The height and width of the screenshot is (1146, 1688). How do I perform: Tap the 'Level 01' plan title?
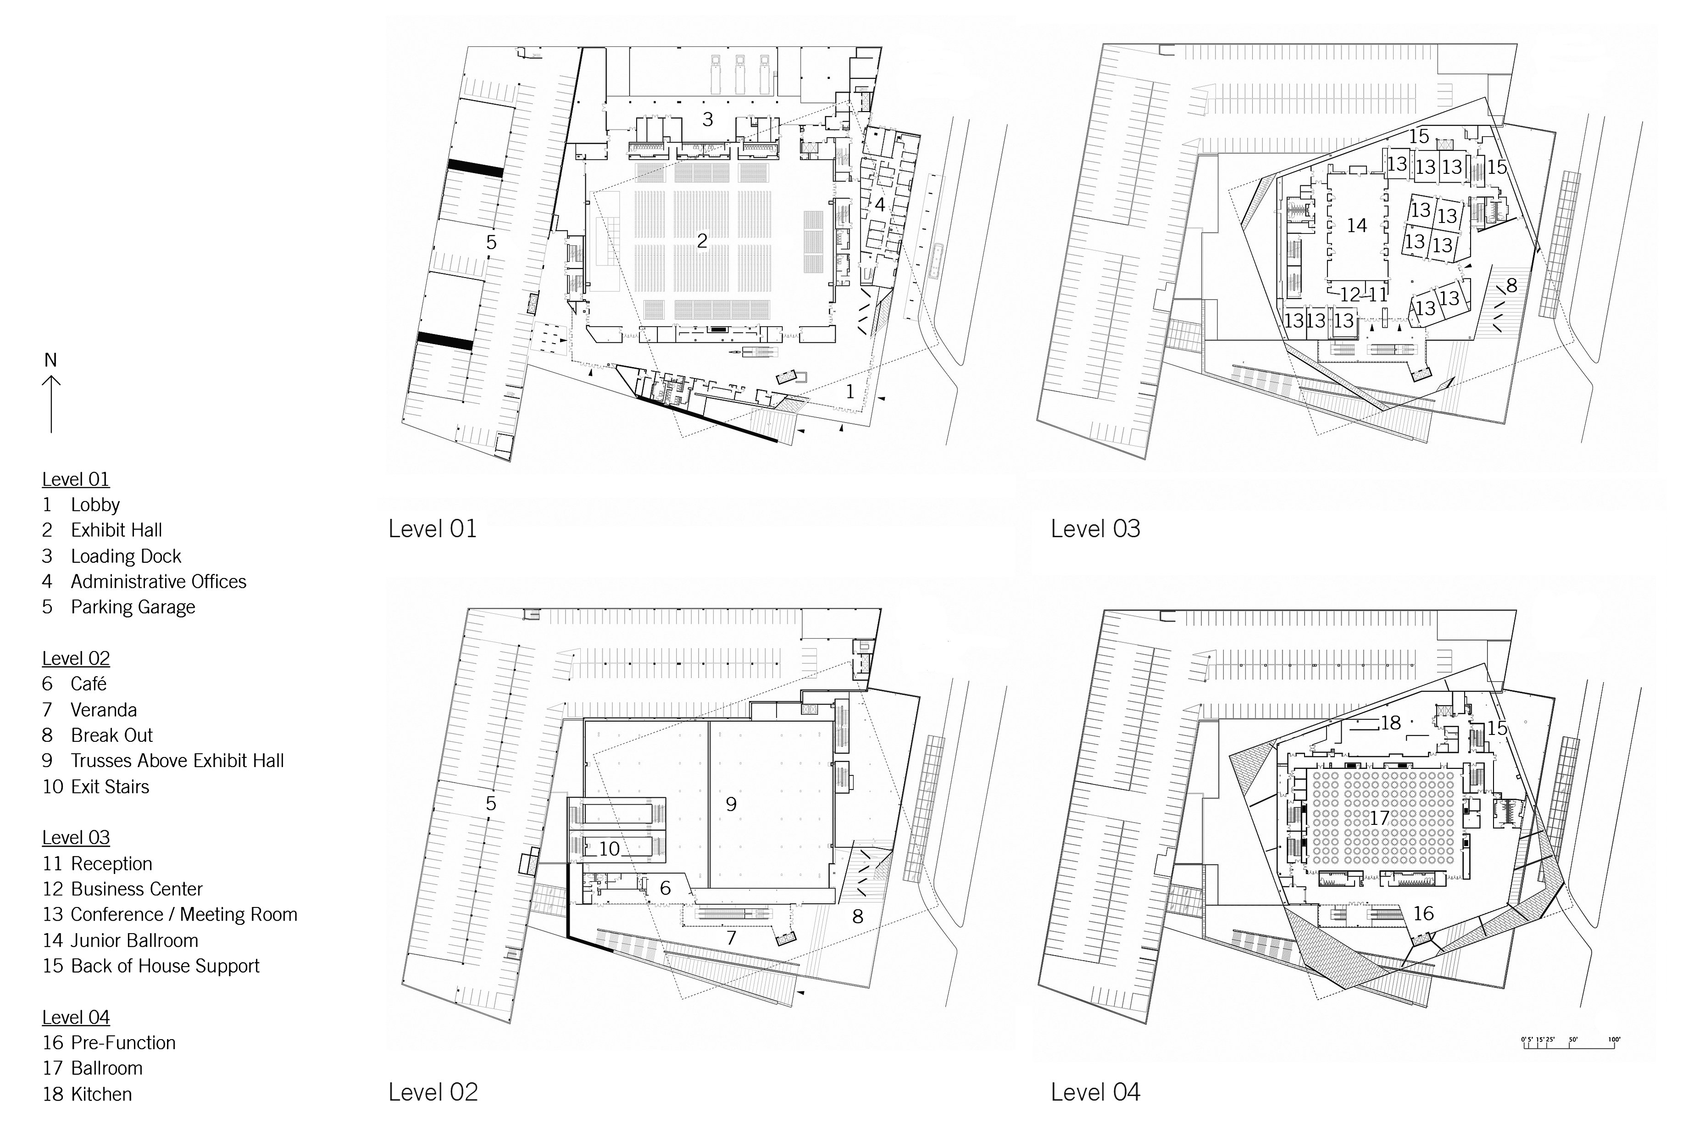433,528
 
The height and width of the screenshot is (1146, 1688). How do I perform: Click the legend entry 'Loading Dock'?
126,556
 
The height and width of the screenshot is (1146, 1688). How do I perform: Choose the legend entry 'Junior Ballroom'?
134,940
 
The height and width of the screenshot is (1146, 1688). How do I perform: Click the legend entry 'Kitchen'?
101,1095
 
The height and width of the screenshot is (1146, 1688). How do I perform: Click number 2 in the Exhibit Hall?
702,241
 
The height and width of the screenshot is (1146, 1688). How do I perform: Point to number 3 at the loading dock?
707,119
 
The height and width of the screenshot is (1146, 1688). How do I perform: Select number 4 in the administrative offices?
880,205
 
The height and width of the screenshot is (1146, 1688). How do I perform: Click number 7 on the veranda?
732,938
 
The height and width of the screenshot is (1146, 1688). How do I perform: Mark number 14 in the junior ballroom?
1357,226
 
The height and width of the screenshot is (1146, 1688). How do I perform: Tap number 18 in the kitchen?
1391,723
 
